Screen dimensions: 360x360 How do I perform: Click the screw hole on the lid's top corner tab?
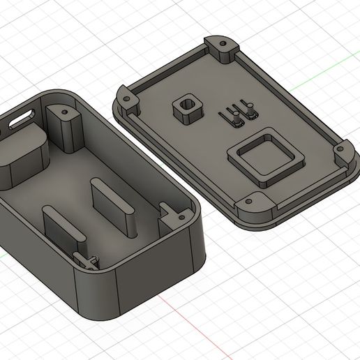(x=223, y=43)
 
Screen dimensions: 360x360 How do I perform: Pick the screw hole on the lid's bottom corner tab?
(x=249, y=201)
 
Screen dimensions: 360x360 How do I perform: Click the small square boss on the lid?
(x=186, y=109)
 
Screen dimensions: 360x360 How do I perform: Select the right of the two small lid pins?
(x=248, y=112)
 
